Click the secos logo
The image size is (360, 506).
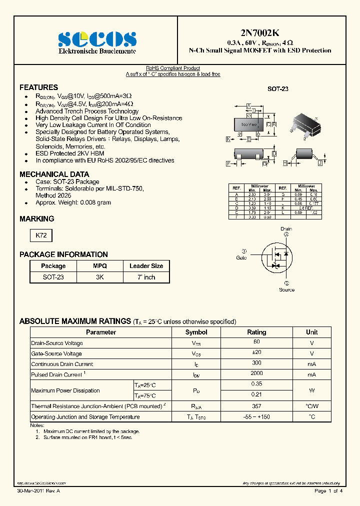coord(97,39)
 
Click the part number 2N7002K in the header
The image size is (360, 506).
coord(259,33)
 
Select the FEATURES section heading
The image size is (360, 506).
coord(38,87)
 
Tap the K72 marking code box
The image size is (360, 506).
coord(40,235)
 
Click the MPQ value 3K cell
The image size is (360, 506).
coord(100,277)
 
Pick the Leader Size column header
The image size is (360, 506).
coord(146,266)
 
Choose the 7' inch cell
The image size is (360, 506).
coord(146,277)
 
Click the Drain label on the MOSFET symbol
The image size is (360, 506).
coord(286,229)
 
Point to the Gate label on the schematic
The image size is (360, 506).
coord(241,258)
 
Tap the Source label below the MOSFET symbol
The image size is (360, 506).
coord(286,290)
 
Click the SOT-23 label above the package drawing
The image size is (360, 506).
coord(278,89)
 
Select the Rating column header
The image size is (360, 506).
coord(256,332)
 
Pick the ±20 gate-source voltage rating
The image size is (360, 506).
coord(256,353)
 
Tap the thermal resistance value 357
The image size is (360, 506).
coord(256,406)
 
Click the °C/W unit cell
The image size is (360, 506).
coord(311,406)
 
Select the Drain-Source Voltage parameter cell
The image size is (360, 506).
coord(57,343)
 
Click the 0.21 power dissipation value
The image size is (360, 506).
coord(256,395)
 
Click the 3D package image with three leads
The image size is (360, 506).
coord(308,124)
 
